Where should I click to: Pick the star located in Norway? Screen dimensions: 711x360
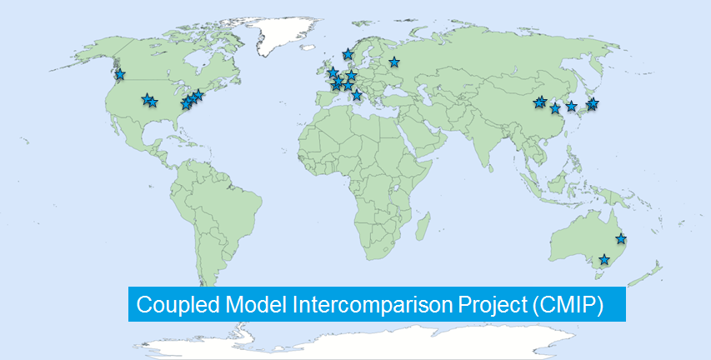point(348,54)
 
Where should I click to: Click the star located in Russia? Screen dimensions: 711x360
point(394,62)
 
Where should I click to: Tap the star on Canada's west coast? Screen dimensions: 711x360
point(120,74)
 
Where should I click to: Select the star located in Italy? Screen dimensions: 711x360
point(357,95)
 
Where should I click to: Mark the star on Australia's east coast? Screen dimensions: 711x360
point(620,238)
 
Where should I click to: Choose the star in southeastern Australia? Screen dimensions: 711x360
point(604,259)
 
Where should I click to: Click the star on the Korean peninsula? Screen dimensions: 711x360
point(571,107)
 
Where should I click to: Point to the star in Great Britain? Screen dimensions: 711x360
point(333,72)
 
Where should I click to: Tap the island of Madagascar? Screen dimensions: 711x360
point(423,226)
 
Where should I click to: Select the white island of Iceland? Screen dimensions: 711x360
point(308,47)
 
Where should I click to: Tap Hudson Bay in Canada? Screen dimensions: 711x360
point(196,60)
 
